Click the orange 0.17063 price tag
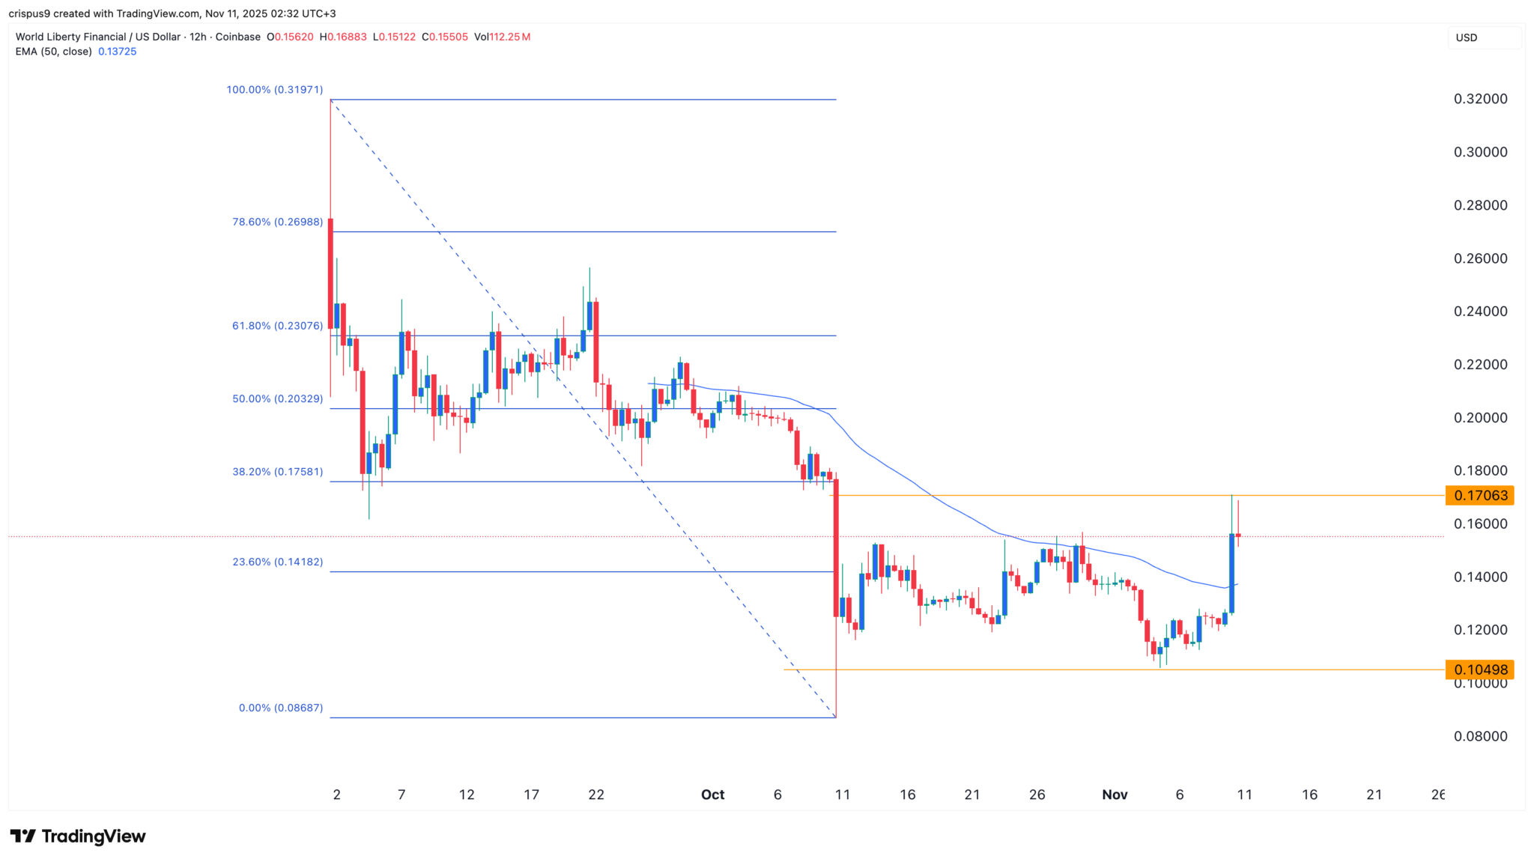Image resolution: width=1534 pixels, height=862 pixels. coord(1479,495)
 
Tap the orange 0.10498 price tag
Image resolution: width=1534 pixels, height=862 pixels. coord(1479,670)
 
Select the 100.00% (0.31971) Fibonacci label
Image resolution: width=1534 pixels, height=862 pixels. coord(275,90)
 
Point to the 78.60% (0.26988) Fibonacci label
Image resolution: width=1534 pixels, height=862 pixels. coord(277,222)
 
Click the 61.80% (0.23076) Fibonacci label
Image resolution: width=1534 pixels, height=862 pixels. coord(277,326)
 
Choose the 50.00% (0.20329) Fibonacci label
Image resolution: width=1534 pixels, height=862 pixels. coord(277,398)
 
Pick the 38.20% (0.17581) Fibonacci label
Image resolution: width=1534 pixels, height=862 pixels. coord(277,472)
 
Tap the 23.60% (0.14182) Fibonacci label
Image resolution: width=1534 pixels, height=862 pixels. coord(277,562)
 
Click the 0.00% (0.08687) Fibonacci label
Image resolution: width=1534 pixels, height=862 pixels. coord(281,708)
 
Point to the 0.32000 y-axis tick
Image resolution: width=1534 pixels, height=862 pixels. coord(1480,99)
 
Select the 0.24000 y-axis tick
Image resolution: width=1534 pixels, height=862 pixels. coord(1480,312)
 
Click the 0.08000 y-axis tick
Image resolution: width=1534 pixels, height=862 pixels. coord(1480,736)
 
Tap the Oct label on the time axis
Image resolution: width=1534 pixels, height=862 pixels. coord(712,795)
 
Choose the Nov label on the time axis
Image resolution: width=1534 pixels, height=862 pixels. coord(1115,795)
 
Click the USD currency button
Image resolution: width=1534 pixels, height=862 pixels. coord(1467,37)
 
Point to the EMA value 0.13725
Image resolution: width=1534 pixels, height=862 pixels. coord(117,52)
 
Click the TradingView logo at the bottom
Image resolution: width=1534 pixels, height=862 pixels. coord(78,837)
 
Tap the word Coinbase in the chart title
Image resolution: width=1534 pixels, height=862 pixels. coord(237,37)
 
